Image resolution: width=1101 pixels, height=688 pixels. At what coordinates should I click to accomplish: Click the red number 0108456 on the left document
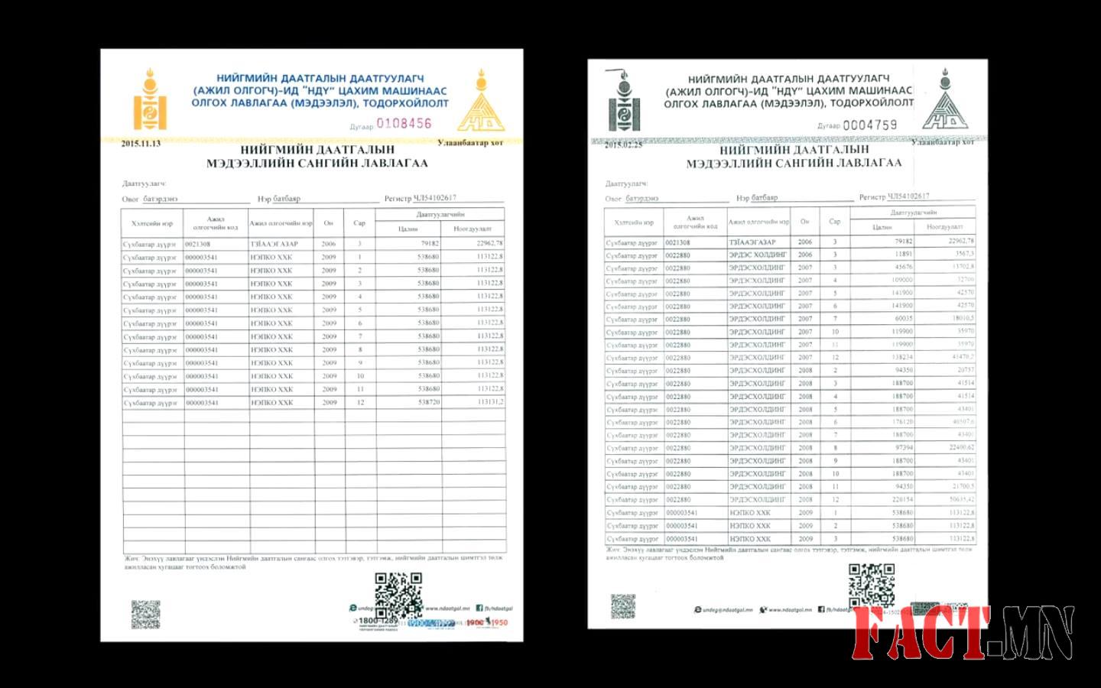pyautogui.click(x=404, y=123)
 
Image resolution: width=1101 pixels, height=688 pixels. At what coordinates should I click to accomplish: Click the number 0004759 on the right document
pyautogui.click(x=869, y=125)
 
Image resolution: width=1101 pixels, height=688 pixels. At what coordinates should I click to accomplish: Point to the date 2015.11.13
pyautogui.click(x=141, y=144)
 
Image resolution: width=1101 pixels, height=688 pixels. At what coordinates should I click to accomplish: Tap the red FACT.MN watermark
pyautogui.click(x=963, y=632)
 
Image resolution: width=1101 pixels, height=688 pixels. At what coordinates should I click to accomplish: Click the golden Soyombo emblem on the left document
pyautogui.click(x=149, y=100)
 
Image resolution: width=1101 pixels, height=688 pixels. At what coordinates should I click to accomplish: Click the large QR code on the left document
pyautogui.click(x=398, y=595)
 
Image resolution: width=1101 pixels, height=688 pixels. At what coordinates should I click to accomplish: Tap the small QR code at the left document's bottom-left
pyautogui.click(x=145, y=615)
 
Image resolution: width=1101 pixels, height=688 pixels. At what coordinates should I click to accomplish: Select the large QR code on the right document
pyautogui.click(x=871, y=586)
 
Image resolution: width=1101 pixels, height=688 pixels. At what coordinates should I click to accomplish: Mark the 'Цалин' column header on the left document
pyautogui.click(x=408, y=229)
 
